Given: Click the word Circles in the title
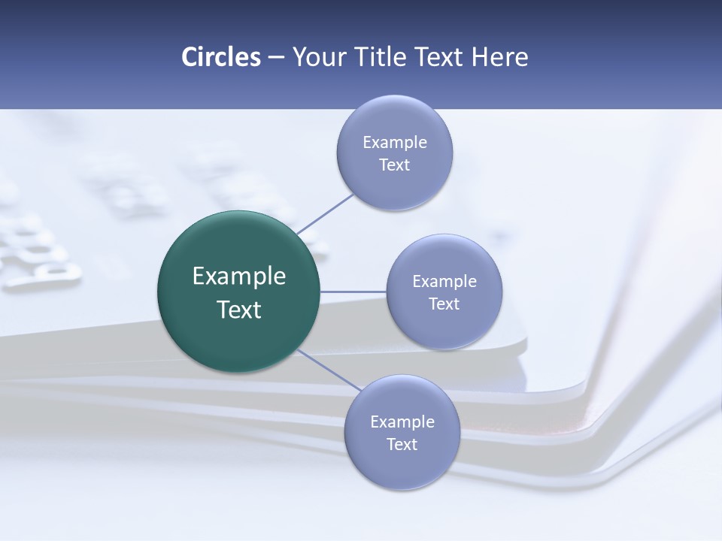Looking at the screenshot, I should pyautogui.click(x=220, y=57).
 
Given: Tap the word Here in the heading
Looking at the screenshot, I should pyautogui.click(x=499, y=57).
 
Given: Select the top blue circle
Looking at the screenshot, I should pyautogui.click(x=394, y=180).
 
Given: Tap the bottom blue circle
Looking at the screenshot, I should pyautogui.click(x=402, y=462).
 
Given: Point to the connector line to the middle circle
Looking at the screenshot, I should pyautogui.click(x=353, y=292).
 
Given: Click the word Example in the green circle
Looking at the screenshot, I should pyautogui.click(x=239, y=277).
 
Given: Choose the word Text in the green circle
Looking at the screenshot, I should pyautogui.click(x=239, y=310).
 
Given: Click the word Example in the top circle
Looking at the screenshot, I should pyautogui.click(x=395, y=143).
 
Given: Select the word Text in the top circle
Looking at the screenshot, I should pyautogui.click(x=394, y=165).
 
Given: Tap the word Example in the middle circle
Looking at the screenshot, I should pyautogui.click(x=444, y=282).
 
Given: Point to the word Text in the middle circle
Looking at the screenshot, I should pyautogui.click(x=444, y=304).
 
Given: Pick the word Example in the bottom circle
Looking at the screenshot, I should pyautogui.click(x=402, y=422).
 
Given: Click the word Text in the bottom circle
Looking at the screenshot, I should pyautogui.click(x=402, y=445).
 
